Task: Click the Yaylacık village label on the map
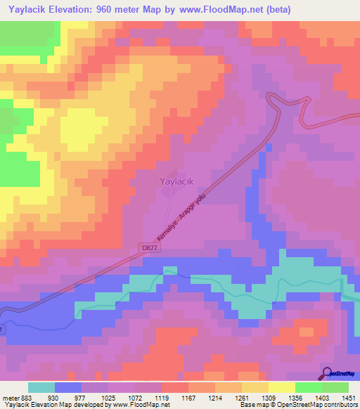172,181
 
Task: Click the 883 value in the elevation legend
27,397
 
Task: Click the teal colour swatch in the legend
41,387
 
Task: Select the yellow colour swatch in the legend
281,387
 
